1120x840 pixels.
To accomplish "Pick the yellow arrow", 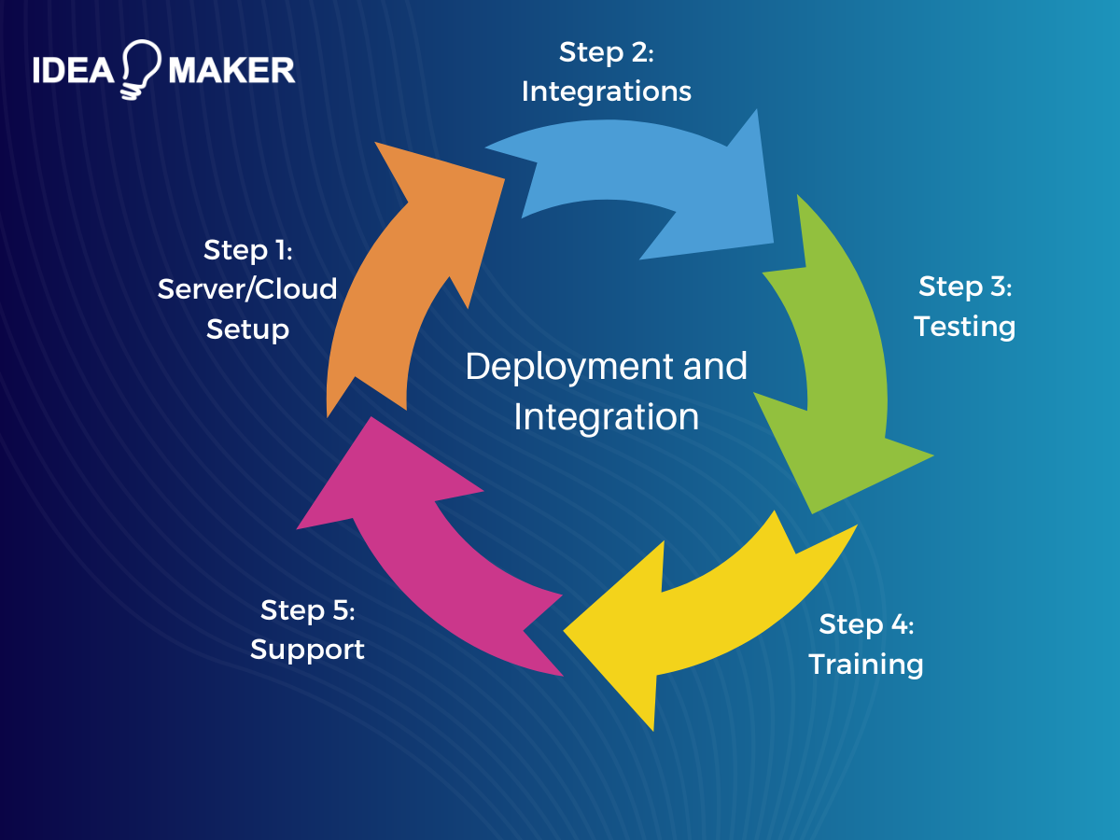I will click(x=709, y=616).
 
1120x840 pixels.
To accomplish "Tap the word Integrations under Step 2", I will click(x=606, y=91).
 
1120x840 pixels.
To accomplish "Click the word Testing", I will click(x=964, y=327).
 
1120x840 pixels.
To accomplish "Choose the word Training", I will click(x=865, y=665).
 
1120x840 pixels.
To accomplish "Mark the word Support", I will click(x=307, y=650).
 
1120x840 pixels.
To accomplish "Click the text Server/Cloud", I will click(x=247, y=289).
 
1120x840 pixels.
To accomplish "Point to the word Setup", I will click(x=247, y=329).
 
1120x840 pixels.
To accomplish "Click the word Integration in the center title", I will click(x=606, y=416).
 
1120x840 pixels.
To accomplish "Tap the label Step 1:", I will click(x=248, y=250).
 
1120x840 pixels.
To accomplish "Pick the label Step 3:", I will click(x=965, y=287).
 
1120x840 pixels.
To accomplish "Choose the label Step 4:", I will click(x=866, y=624).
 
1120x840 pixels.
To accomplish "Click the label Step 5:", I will click(x=308, y=610).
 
